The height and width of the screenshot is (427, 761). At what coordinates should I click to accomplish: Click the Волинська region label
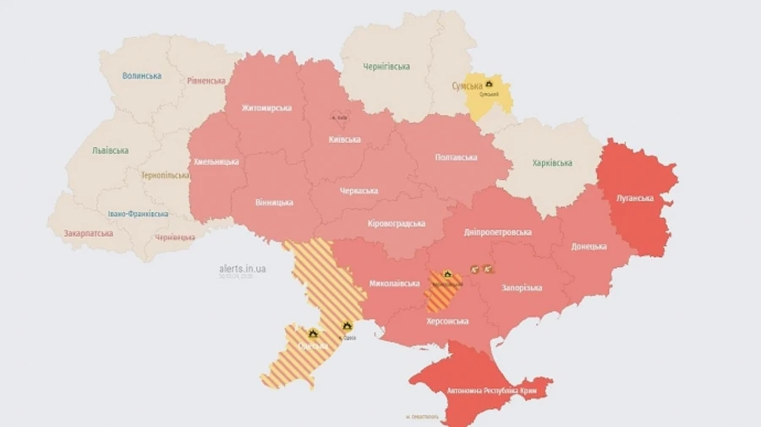coord(141,75)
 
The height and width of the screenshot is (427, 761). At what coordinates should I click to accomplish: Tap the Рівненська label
coord(206,81)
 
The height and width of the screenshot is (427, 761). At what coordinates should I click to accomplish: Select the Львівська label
coord(110,151)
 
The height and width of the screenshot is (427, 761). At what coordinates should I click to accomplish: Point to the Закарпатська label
coord(89,233)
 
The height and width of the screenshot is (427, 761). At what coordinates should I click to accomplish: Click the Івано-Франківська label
coord(138,214)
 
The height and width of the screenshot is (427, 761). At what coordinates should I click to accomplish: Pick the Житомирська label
coord(266,108)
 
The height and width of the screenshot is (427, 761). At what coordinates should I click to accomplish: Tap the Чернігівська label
coord(386,66)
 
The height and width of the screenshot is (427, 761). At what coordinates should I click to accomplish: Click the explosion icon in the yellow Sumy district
coord(489,85)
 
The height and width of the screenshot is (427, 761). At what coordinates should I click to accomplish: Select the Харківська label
coord(552,163)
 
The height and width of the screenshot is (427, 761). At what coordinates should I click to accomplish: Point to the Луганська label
coord(635,198)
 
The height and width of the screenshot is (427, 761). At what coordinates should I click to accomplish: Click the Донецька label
coord(589,246)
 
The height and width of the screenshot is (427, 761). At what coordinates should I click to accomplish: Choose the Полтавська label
coord(456,157)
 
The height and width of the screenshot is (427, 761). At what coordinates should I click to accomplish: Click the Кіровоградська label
coord(397,223)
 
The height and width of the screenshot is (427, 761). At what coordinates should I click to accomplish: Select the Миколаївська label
coord(395,282)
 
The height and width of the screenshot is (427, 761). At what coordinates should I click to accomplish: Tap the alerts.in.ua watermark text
coord(242,268)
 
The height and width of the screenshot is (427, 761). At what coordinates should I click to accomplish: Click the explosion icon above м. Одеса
coord(348,326)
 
